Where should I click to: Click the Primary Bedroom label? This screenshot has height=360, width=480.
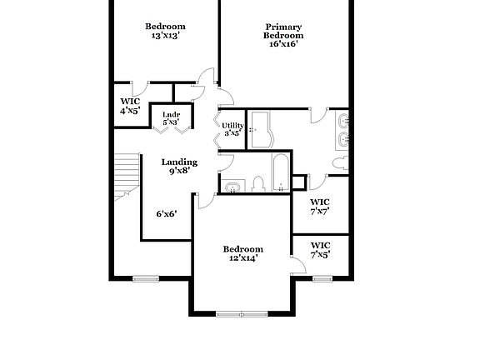pos(283,31)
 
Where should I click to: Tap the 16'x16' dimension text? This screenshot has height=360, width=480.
pos(283,44)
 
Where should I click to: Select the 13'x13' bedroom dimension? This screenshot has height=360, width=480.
pos(165,36)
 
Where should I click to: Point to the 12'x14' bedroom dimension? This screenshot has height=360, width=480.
pos(243,258)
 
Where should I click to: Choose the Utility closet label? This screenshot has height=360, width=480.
pos(232,125)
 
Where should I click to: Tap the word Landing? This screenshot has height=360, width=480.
pos(179,162)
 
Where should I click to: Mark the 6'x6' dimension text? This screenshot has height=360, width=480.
pos(166,213)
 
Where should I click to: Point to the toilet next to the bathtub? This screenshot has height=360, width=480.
pos(259,183)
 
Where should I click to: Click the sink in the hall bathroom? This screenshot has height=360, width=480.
pos(232,184)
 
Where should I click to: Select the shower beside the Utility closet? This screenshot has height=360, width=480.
pos(261,129)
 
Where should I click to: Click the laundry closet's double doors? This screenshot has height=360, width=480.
pos(171,128)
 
